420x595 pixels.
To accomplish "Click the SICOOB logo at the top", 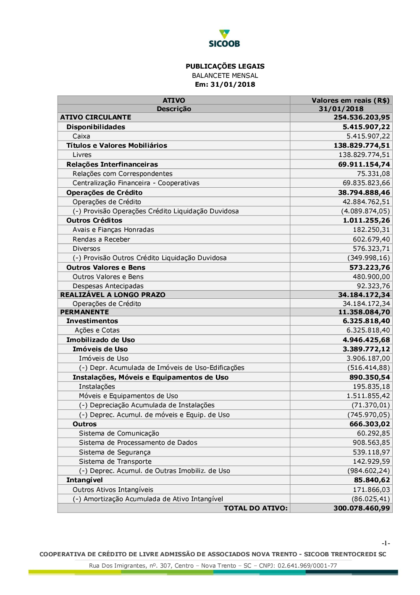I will pyautogui.click(x=224, y=38).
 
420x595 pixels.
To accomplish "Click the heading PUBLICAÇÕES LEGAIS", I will pyautogui.click(x=225, y=66).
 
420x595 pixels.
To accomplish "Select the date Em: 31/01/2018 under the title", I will pyautogui.click(x=225, y=84).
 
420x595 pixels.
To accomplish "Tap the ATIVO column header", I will pyautogui.click(x=174, y=100).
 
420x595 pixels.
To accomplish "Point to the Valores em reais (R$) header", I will pyautogui.click(x=350, y=100).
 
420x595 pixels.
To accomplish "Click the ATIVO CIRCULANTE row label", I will pyautogui.click(x=96, y=117).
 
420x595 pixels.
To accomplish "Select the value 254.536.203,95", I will pyautogui.click(x=362, y=117).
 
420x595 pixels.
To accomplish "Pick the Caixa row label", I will pyautogui.click(x=81, y=136).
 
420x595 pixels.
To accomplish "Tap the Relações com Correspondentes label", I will pyautogui.click(x=122, y=174).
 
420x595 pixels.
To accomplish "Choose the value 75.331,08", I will pyautogui.click(x=373, y=174).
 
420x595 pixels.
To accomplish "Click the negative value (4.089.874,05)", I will pyautogui.click(x=365, y=211).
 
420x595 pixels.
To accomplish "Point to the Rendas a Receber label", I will pyautogui.click(x=101, y=239).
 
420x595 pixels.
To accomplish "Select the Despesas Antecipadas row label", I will pyautogui.click(x=108, y=286).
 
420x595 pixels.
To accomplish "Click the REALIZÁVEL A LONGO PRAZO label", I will pyautogui.click(x=113, y=295).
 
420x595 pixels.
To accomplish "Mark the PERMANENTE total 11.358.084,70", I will pyautogui.click(x=364, y=312).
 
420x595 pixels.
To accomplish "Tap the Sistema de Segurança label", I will pyautogui.click(x=115, y=452).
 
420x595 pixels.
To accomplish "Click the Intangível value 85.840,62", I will pyautogui.click(x=372, y=480).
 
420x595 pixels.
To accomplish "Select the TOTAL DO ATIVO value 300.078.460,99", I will pyautogui.click(x=362, y=508).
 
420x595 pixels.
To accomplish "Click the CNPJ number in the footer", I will pyautogui.click(x=310, y=566).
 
